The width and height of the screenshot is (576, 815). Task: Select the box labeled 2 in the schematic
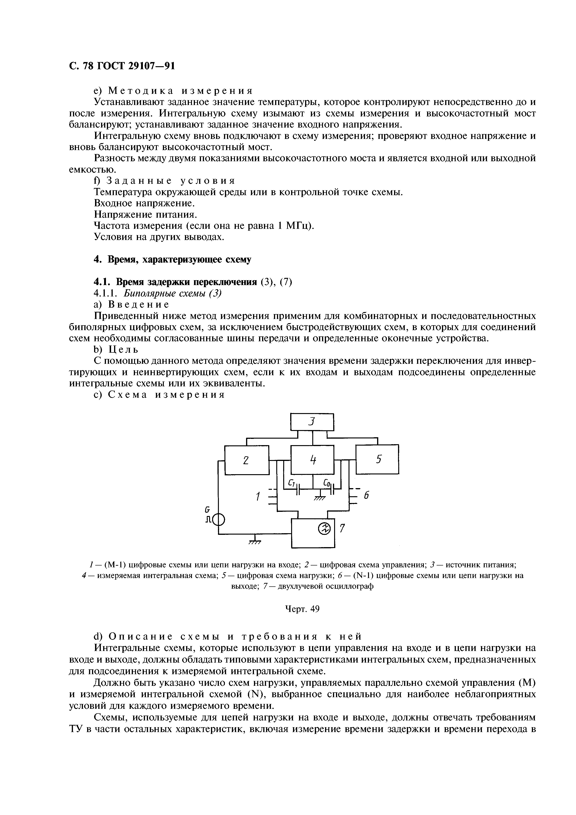[x=247, y=460]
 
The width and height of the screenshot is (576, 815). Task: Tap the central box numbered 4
[x=312, y=460]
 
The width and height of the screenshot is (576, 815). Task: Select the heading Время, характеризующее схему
[x=172, y=260]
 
